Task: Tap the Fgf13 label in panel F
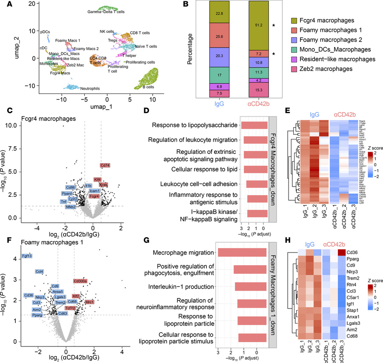click(x=26, y=256)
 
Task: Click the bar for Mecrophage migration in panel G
click(x=242, y=252)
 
